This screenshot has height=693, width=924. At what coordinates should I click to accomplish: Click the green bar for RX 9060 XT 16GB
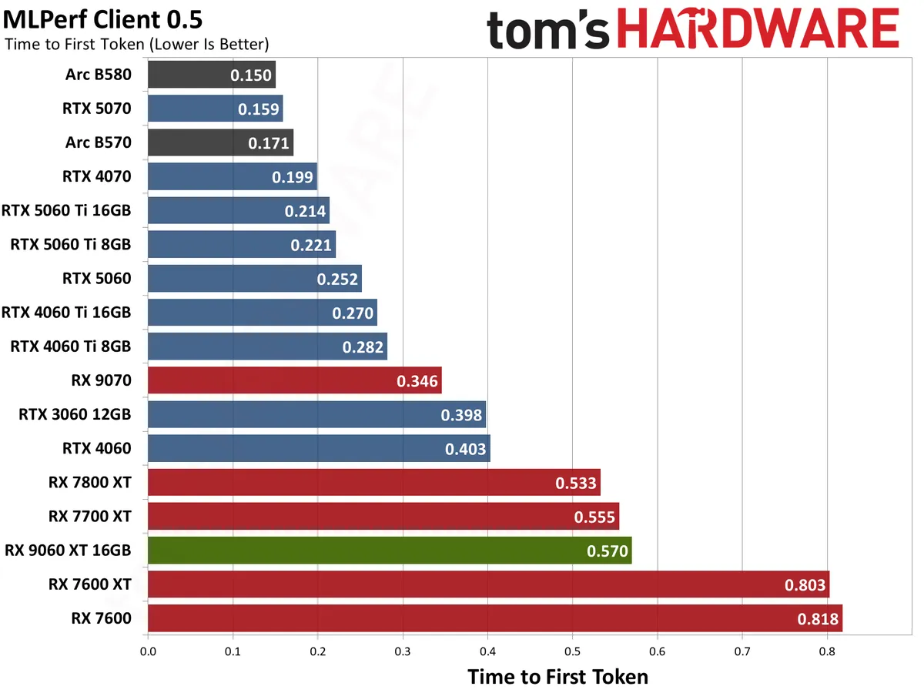click(389, 551)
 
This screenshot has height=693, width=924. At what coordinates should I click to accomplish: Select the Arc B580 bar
click(211, 75)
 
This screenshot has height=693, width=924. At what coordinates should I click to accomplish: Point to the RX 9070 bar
click(294, 380)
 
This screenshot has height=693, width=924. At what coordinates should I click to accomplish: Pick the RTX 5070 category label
click(97, 109)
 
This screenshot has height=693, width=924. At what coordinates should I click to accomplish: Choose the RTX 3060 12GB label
click(75, 414)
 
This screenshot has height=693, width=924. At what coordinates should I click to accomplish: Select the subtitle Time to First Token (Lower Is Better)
click(136, 45)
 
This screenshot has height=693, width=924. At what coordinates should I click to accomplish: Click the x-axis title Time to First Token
click(558, 677)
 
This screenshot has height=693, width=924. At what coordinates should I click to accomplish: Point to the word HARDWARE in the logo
click(758, 31)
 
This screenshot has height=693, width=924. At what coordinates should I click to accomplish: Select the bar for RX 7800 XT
click(373, 483)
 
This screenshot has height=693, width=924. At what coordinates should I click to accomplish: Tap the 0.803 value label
click(805, 584)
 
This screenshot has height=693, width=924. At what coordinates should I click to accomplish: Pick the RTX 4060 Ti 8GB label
click(71, 346)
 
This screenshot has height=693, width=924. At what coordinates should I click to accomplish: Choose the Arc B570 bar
click(220, 142)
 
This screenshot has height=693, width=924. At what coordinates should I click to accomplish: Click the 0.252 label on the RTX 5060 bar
click(337, 279)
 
